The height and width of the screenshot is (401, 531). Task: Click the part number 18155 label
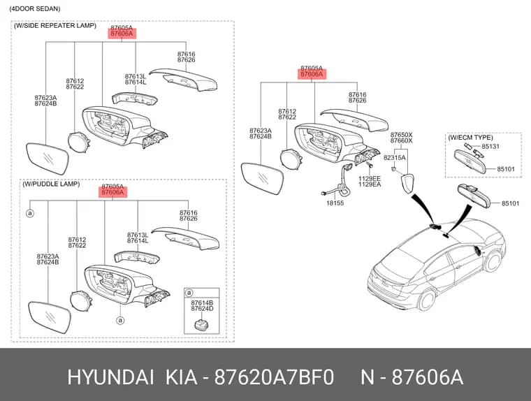(x=335, y=203)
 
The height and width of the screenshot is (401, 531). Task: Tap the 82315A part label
(x=394, y=157)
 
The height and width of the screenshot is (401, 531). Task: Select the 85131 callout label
(x=490, y=146)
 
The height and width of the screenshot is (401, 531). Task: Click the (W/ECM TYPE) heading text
(x=470, y=138)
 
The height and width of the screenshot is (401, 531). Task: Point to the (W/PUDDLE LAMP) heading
(x=51, y=184)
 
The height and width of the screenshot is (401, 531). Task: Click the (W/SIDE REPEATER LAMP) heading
(x=55, y=26)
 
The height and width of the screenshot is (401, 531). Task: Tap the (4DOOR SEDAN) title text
(x=35, y=9)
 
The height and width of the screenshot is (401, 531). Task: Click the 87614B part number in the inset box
(x=202, y=302)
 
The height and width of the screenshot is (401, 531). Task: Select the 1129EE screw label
(x=370, y=178)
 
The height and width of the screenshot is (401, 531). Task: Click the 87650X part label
(x=401, y=134)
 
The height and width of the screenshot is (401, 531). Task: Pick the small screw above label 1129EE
(x=370, y=166)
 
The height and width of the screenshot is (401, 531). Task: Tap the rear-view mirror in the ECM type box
(x=470, y=161)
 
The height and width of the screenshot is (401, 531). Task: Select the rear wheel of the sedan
(x=426, y=300)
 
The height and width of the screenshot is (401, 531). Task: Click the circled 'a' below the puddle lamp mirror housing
(x=120, y=320)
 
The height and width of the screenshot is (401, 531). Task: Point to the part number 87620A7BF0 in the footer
(x=275, y=377)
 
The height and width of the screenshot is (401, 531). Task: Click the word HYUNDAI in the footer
(x=110, y=377)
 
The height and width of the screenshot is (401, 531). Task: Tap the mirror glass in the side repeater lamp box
(x=48, y=159)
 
